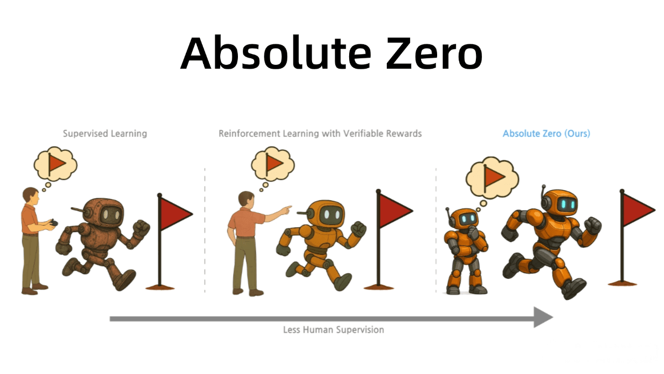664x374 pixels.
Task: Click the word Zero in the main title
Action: pos(434,53)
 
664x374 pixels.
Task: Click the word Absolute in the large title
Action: pos(276,53)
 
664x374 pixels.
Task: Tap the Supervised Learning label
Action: pos(105,134)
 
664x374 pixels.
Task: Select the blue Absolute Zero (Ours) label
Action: pos(546,134)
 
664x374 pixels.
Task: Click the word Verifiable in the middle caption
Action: pos(362,134)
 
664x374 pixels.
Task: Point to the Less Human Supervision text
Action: pos(334,330)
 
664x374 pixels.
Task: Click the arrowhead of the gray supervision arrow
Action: pos(543,317)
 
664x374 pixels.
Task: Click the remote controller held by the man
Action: pos(54,223)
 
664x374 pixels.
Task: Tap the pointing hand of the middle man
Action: pos(286,209)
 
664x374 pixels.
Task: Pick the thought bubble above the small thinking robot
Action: pos(492,177)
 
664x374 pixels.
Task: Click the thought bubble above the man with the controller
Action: pos(56,164)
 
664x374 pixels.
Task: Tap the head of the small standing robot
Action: pos(464,219)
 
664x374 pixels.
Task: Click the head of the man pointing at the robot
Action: pos(246,199)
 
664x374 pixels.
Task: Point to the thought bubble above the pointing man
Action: pos(273,163)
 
